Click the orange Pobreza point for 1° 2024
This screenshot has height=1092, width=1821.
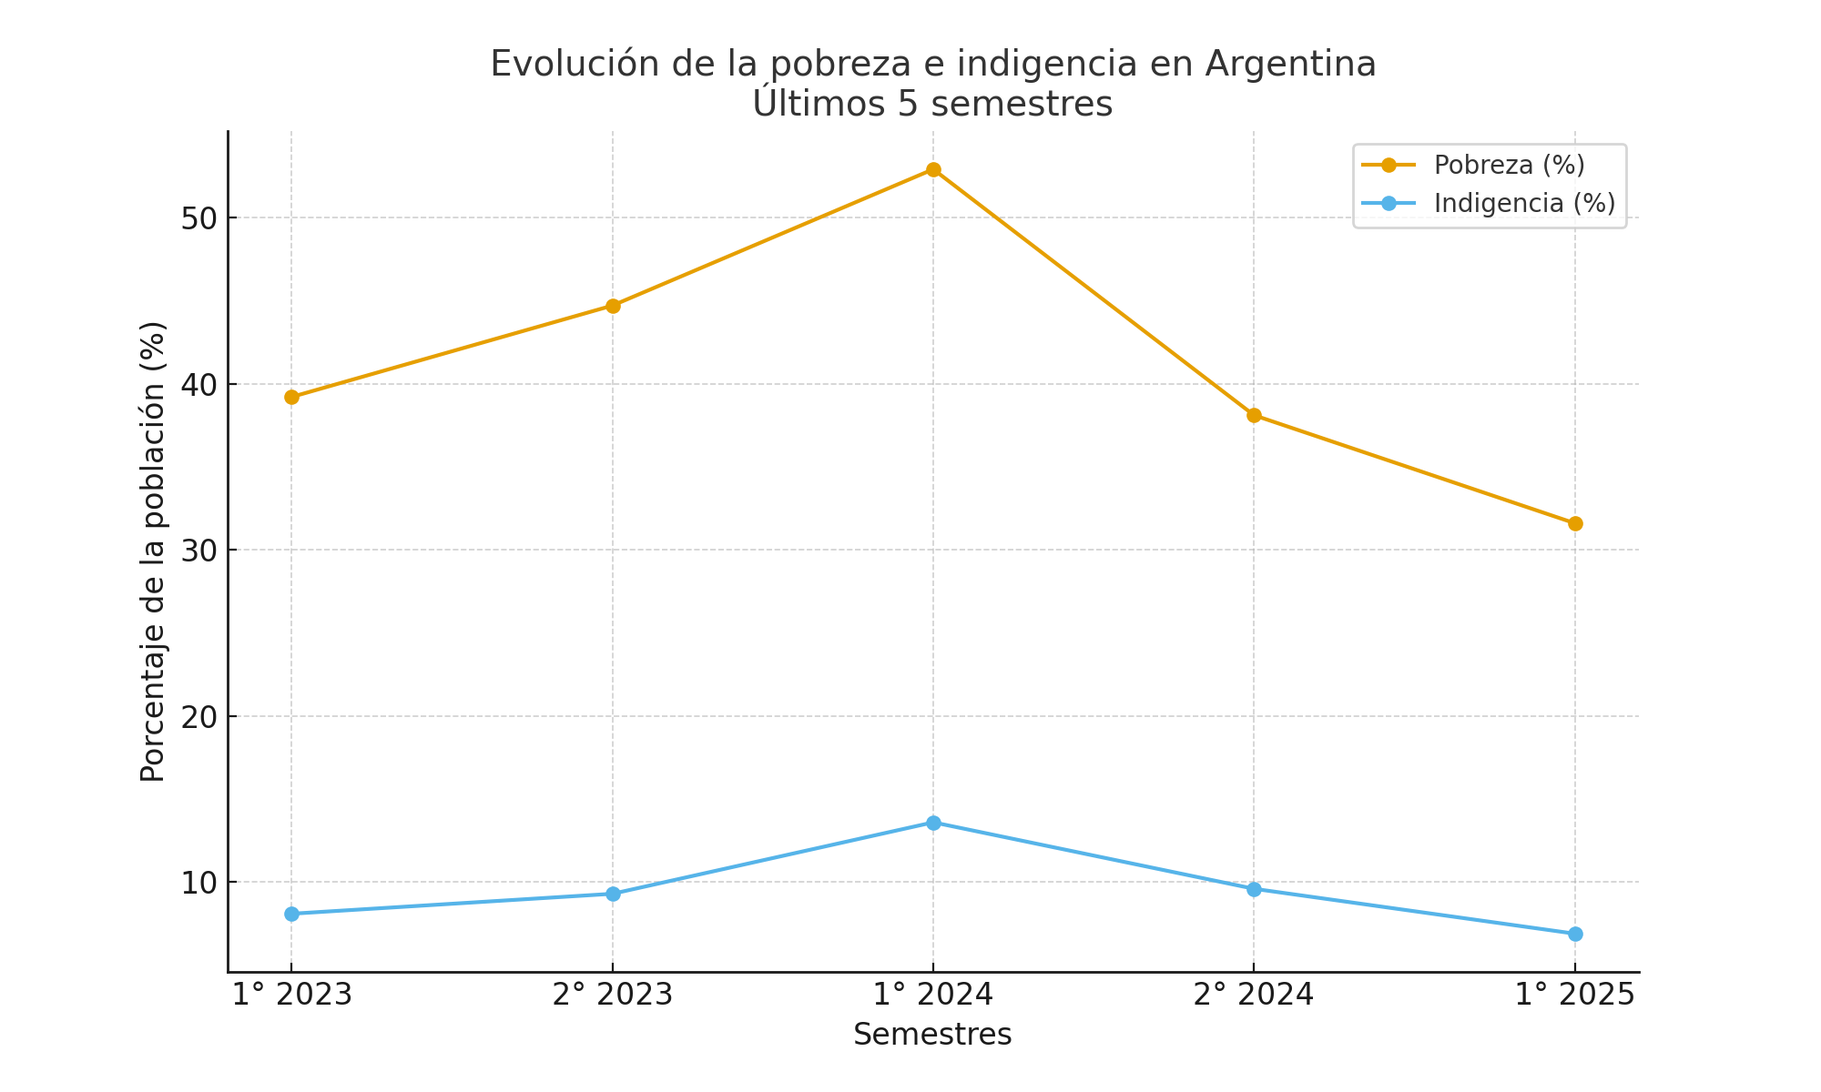933,170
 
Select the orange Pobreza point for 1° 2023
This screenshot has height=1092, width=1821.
291,397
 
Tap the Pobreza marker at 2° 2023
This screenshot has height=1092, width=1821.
613,306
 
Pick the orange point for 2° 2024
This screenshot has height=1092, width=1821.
1254,416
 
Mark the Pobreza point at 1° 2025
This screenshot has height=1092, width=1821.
1575,523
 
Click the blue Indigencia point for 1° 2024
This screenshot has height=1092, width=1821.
933,823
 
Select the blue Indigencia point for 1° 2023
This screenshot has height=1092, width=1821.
291,914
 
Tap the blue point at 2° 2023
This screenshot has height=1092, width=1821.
613,894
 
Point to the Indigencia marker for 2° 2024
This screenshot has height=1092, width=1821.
1254,889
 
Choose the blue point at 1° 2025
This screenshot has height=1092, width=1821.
1575,934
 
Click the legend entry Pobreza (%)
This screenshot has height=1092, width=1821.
1509,166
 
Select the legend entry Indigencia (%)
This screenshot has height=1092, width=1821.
1524,203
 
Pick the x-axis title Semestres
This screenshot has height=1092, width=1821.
932,1035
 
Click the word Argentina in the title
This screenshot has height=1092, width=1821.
1290,64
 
